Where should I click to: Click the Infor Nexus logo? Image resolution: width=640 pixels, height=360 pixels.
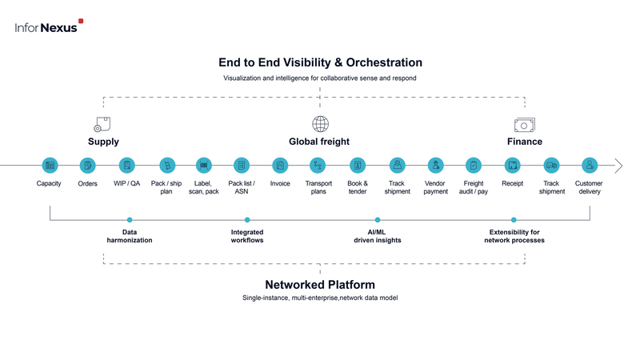coord(49,26)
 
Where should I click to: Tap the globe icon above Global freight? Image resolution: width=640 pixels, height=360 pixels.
coord(321,124)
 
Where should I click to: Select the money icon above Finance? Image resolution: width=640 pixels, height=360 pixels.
coord(525,125)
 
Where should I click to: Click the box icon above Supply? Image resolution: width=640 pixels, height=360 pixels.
coord(102,125)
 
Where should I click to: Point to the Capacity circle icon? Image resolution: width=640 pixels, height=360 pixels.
coord(50,166)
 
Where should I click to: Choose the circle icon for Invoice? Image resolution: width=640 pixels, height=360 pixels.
coord(280,166)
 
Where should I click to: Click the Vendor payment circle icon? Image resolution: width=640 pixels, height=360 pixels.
coord(435,166)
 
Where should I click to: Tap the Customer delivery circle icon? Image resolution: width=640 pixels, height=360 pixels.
coord(590,166)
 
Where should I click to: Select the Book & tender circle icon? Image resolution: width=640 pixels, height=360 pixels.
coord(358,166)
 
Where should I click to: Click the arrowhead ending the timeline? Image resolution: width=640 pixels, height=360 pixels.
coord(619,166)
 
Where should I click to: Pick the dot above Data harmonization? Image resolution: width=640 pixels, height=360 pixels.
coord(130,220)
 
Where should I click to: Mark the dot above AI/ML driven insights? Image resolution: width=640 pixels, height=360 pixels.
coord(378,220)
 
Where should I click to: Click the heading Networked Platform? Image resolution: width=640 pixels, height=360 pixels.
coord(320,285)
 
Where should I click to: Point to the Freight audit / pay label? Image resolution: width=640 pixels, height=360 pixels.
coord(474,187)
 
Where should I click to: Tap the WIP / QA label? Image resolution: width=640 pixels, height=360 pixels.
coord(126,184)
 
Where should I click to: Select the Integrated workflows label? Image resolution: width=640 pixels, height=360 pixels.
coord(247,236)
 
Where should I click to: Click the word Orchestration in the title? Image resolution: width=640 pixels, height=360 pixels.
coord(384,62)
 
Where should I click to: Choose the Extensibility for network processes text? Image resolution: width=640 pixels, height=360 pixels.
coord(514,236)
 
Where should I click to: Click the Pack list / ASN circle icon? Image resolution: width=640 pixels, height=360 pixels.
coord(242,166)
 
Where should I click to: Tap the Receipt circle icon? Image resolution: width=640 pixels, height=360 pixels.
coord(512,166)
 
